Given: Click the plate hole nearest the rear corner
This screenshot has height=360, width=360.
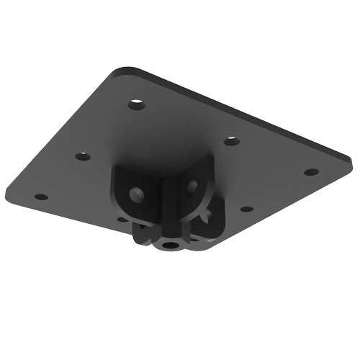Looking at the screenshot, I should coord(137,104).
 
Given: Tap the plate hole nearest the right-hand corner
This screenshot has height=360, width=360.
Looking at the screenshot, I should coord(311,172).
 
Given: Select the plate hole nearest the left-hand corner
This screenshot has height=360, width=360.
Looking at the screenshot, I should coord(41,197).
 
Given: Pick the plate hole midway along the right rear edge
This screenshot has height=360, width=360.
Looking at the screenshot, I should coord(231,140).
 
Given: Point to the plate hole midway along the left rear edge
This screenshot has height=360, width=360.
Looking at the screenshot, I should coord(83,156).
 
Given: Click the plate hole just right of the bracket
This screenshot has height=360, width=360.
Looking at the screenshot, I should coord(246,209).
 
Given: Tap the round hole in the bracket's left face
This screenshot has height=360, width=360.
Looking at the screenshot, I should coord(135,193).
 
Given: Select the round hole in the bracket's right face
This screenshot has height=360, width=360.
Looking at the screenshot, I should coord(192,186).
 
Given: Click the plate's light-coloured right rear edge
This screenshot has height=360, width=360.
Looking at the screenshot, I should coord(245,108).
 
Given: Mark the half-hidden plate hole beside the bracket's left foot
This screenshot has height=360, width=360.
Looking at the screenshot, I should coord(121,218).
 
